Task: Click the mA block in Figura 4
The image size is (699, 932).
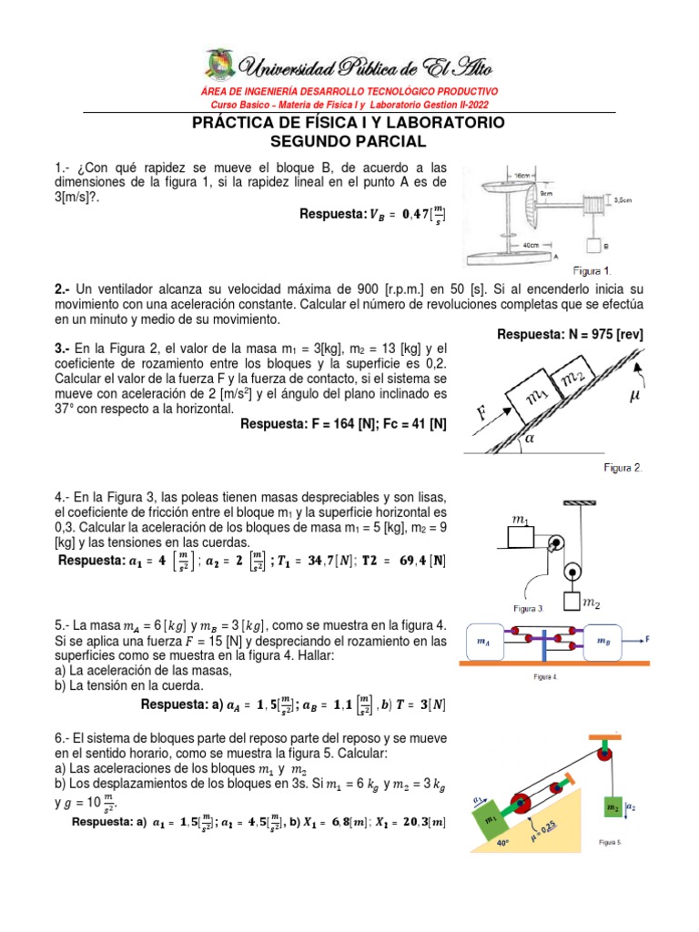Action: (488, 642)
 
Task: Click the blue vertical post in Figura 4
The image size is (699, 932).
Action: (542, 642)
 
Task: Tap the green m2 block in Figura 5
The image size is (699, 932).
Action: (613, 808)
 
